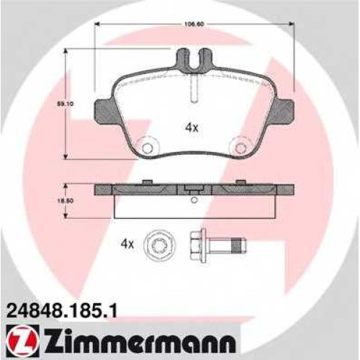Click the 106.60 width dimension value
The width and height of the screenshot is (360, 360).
tap(194, 24)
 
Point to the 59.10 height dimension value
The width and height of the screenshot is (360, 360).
tap(65, 104)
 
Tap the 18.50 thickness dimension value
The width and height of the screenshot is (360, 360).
tap(65, 201)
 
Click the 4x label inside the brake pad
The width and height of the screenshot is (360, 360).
tap(192, 128)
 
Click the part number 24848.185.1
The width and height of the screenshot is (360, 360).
tap(63, 311)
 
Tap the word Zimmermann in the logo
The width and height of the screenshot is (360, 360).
tap(138, 341)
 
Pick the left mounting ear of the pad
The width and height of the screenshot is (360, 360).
tap(106, 112)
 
